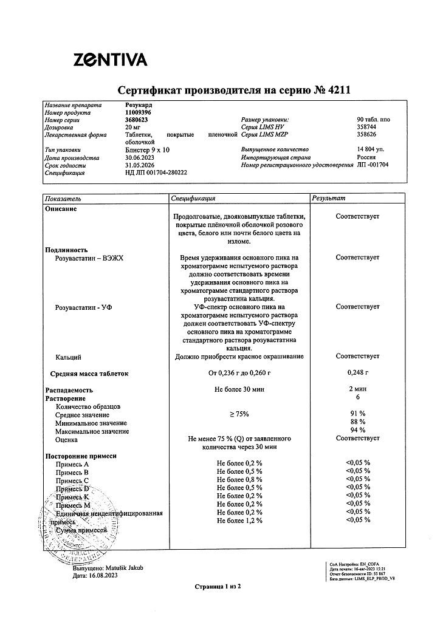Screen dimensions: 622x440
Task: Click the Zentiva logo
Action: pyautogui.click(x=110, y=60)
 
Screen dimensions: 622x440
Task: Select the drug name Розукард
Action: pyautogui.click(x=138, y=105)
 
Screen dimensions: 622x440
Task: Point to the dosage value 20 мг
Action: pyautogui.click(x=132, y=128)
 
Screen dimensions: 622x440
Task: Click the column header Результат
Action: pyautogui.click(x=328, y=199)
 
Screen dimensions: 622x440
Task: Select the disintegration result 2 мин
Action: pyautogui.click(x=357, y=389)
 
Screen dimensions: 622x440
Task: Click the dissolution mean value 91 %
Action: pyautogui.click(x=357, y=414)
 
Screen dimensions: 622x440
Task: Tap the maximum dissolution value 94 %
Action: pyautogui.click(x=357, y=430)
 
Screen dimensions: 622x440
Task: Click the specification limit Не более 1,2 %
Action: pyautogui.click(x=239, y=521)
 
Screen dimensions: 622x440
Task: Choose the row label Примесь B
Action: pyautogui.click(x=72, y=471)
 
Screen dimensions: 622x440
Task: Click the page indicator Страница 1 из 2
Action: pyautogui.click(x=218, y=587)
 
